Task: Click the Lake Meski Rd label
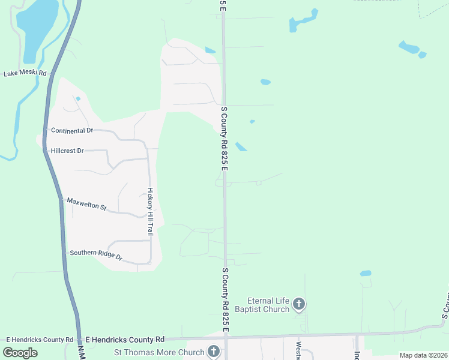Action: click(25, 73)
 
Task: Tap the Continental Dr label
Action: click(72, 130)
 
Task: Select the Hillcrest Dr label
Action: click(67, 151)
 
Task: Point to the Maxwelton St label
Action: click(86, 204)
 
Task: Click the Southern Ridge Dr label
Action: click(96, 255)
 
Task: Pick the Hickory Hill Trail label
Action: click(151, 211)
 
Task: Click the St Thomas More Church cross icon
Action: click(213, 352)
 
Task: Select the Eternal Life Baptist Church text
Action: click(269, 305)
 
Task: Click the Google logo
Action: click(20, 353)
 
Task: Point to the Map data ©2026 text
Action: click(423, 355)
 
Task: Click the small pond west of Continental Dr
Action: click(78, 99)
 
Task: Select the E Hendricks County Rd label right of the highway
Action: click(125, 340)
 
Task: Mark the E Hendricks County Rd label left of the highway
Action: click(40, 340)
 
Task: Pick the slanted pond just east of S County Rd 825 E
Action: click(241, 147)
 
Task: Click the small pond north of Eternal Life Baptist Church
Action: click(366, 274)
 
